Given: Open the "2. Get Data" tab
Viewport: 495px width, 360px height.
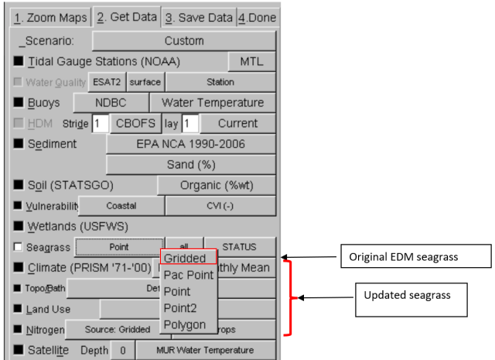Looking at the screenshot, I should [125, 17].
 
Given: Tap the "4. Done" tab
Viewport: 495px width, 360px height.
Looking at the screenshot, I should [257, 17].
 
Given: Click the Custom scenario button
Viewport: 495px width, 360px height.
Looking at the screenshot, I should [184, 40].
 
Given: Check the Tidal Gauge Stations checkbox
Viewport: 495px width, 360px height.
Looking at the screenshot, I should [19, 61].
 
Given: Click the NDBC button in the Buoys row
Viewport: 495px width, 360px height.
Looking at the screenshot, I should [110, 102].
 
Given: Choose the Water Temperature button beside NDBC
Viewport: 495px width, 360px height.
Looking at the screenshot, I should [212, 102].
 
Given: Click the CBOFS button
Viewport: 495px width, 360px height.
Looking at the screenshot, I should [136, 123].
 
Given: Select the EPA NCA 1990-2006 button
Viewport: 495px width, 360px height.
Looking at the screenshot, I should [190, 144].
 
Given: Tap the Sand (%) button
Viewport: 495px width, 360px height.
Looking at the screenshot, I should [190, 165].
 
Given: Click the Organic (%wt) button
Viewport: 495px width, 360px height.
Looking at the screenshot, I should [216, 186].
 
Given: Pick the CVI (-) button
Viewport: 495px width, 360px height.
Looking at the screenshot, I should [220, 206].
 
